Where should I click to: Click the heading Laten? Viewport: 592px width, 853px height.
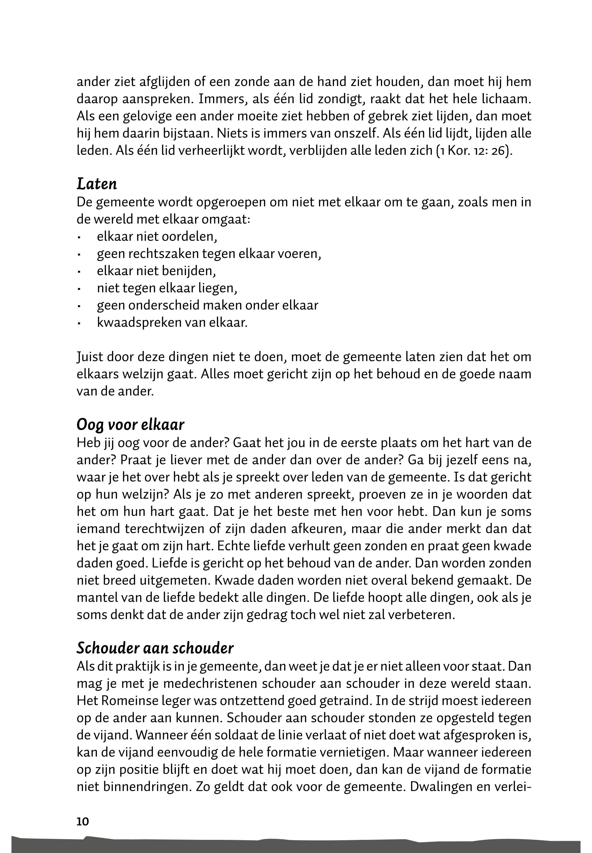pos(97,184)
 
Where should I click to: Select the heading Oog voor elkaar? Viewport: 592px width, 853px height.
pos(130,425)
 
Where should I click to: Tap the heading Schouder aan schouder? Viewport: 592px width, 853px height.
pos(155,648)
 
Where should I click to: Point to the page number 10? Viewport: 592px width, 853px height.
pos(83,822)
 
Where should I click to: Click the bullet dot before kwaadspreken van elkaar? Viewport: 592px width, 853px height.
pos(79,323)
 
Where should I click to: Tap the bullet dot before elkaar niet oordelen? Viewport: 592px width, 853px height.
pos(79,237)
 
